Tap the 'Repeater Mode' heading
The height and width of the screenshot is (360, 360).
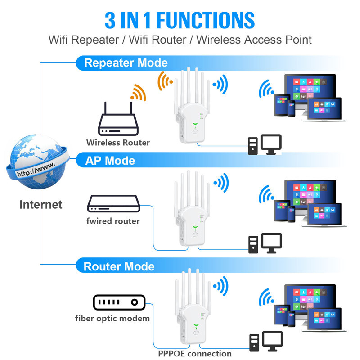pyautogui.click(x=126, y=63)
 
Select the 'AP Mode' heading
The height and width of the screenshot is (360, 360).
pyautogui.click(x=110, y=160)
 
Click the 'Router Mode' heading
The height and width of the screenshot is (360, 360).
pyautogui.click(x=119, y=266)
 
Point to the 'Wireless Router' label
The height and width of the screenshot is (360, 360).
pyautogui.click(x=118, y=143)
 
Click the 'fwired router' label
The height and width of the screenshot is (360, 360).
pyautogui.click(x=113, y=221)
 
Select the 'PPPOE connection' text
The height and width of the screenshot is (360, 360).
pyautogui.click(x=194, y=353)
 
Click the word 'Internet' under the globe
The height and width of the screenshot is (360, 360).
pyautogui.click(x=40, y=204)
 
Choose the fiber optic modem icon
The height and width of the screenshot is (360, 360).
pyautogui.click(x=118, y=302)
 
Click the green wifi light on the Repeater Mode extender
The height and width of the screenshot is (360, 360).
pyautogui.click(x=196, y=126)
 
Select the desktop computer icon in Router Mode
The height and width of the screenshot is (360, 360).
pyautogui.click(x=265, y=342)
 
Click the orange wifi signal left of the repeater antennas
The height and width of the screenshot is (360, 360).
pyautogui.click(x=165, y=81)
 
